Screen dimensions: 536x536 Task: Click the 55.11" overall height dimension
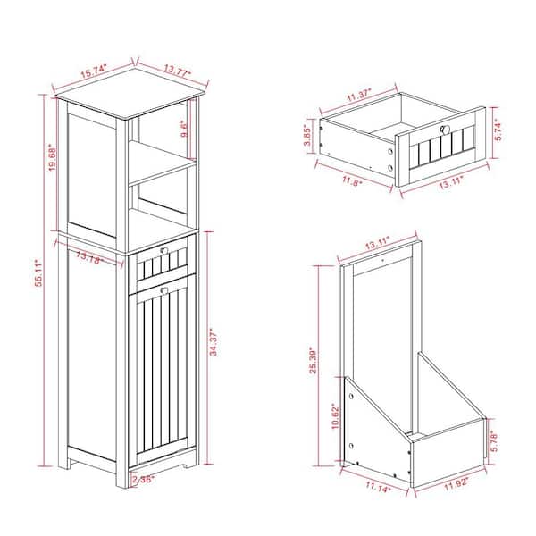tap(38, 272)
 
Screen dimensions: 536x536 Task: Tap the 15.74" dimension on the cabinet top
tap(94, 71)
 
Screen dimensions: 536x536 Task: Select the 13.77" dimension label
tap(178, 71)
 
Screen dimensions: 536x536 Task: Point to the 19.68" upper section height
tap(52, 157)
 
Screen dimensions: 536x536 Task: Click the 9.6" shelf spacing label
tap(184, 129)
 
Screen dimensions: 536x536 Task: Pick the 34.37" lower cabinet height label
tap(214, 342)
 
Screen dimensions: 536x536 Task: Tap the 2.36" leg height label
tap(144, 479)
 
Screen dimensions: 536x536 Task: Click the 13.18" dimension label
tap(89, 257)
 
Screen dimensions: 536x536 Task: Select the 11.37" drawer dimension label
tap(359, 96)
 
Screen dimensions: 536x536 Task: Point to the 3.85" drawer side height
tap(307, 136)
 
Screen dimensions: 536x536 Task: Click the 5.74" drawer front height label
tap(498, 131)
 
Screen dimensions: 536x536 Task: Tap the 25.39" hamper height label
tap(314, 361)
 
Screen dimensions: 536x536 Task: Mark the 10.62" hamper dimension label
tap(335, 416)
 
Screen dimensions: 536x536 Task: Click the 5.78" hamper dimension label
tap(494, 441)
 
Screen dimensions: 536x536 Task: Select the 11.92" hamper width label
tap(456, 485)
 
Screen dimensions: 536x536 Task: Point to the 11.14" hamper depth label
tap(378, 487)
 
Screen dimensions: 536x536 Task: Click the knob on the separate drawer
tap(446, 130)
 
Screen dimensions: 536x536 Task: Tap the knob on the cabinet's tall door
tap(164, 290)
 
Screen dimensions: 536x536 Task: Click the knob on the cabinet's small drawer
tap(164, 251)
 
